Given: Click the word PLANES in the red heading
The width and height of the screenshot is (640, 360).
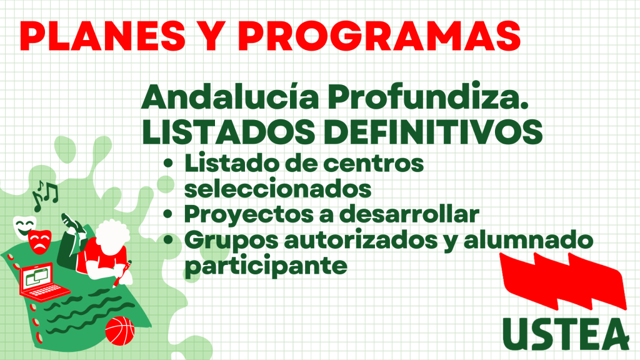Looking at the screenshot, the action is pos(102,36).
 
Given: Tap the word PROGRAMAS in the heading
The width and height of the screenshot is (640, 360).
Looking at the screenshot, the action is pos(379,36).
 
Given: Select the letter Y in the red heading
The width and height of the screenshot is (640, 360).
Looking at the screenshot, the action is pos(212,36).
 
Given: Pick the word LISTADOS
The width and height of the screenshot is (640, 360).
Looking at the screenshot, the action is pos(229,132).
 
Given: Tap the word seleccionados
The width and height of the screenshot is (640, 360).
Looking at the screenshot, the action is pos(278,189).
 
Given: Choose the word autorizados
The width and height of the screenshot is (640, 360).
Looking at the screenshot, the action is pos(361,239).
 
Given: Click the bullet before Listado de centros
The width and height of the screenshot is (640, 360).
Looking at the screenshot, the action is pos(168,163).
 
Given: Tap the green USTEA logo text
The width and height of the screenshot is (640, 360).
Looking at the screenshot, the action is pos(566,334).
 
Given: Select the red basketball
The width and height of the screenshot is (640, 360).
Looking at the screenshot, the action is pos(119,331).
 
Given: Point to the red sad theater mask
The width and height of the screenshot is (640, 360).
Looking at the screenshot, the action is pos(39,242).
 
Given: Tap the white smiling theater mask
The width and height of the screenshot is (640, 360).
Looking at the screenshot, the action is pos(24,227).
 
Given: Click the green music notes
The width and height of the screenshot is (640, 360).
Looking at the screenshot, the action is pos(45,195).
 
